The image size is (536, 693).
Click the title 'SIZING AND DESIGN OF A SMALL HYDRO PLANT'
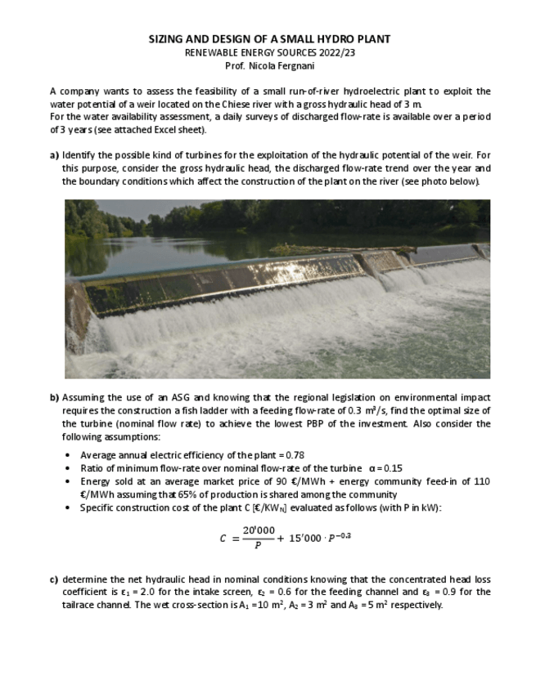pyautogui.click(x=269, y=39)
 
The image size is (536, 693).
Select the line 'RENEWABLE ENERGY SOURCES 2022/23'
pyautogui.click(x=269, y=52)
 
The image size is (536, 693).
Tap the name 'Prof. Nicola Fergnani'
pyautogui.click(x=269, y=65)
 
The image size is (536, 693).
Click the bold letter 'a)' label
pyautogui.click(x=54, y=155)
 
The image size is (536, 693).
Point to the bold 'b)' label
pyautogui.click(x=54, y=398)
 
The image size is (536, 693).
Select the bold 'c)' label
pyautogui.click(x=54, y=579)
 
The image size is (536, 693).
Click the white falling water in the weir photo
pyautogui.click(x=245, y=327)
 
